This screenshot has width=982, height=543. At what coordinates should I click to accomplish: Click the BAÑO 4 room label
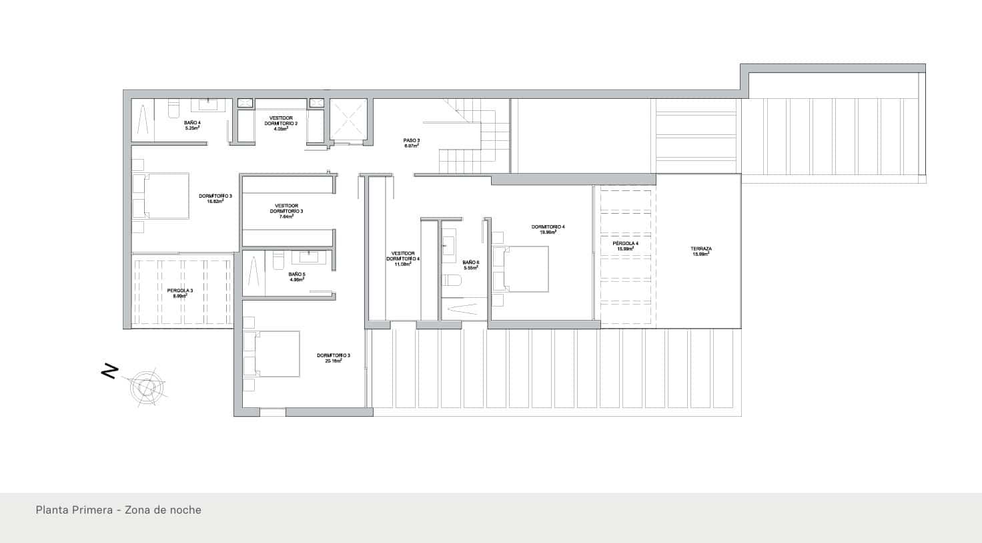[192, 122]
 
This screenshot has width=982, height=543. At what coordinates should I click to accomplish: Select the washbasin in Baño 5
[308, 257]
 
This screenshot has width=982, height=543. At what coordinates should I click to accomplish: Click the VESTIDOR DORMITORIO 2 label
[281, 120]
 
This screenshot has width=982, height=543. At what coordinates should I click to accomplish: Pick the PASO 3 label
[411, 140]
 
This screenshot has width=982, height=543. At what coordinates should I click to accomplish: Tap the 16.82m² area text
[215, 200]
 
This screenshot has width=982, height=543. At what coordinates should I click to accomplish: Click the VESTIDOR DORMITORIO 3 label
[286, 208]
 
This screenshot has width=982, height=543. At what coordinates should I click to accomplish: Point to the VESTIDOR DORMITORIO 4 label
[403, 256]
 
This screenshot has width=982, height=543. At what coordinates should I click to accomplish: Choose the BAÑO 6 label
[471, 262]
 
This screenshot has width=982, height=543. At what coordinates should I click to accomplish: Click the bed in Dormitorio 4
[520, 268]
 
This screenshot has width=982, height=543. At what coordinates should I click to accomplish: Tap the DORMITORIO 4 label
[548, 227]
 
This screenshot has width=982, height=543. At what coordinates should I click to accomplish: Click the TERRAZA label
[700, 249]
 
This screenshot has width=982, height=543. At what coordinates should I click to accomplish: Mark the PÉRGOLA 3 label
[180, 291]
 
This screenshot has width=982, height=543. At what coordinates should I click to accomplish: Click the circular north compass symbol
[145, 386]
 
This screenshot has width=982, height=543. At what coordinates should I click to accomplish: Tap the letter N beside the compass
[109, 371]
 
